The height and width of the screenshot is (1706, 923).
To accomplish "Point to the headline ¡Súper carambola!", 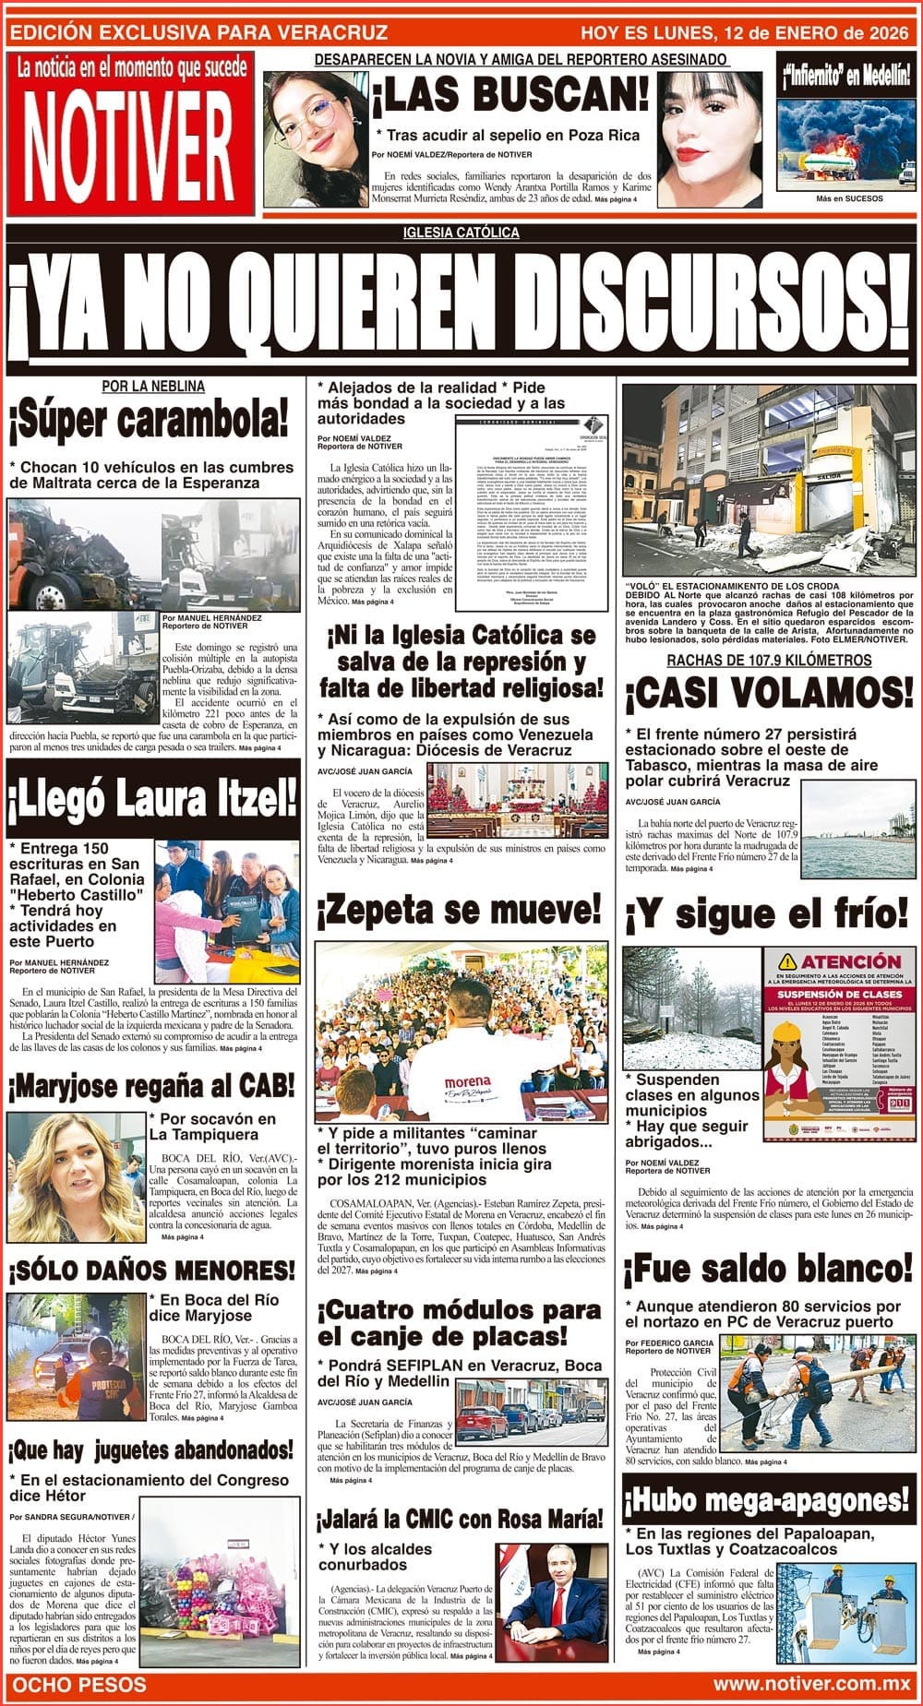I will [x=150, y=423].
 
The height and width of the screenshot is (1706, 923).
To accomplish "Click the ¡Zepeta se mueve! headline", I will [x=460, y=911].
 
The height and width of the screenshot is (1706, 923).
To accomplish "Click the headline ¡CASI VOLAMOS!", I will [x=769, y=694].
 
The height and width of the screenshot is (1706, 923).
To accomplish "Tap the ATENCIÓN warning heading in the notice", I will [x=838, y=960].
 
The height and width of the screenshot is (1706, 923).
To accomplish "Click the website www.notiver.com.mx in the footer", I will [x=812, y=1684].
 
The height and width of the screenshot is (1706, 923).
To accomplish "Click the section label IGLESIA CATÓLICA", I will [x=461, y=233].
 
